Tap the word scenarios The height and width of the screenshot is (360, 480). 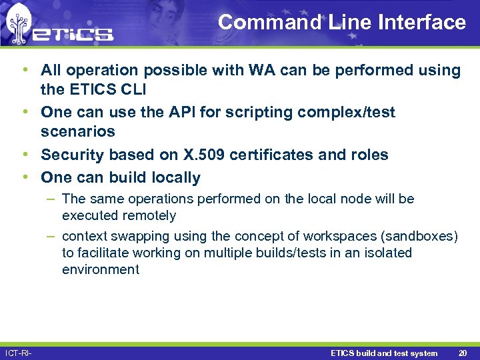[78, 131]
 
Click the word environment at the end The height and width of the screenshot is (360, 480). [101, 269]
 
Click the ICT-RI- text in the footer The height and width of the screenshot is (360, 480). [19, 353]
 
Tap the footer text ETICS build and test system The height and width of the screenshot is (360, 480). [384, 353]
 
